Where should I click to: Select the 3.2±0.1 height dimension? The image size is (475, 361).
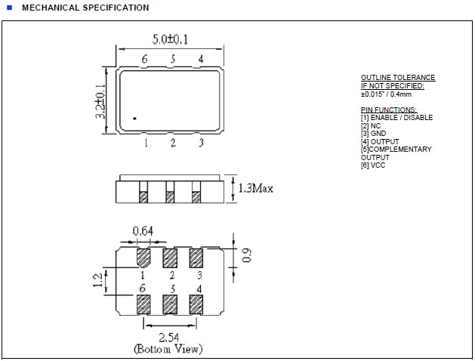tap(100, 102)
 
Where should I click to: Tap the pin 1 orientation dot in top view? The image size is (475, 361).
tap(134, 118)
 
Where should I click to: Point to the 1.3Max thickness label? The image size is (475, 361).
tap(254, 188)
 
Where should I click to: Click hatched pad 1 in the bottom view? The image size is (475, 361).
tap(143, 258)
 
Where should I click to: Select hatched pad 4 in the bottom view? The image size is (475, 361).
tap(196, 304)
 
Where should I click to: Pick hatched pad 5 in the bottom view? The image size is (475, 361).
tap(170, 304)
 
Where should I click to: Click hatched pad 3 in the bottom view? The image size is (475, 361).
tap(196, 258)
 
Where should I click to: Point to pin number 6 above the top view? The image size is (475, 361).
tap(144, 60)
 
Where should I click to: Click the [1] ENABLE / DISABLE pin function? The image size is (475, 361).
tap(396, 117)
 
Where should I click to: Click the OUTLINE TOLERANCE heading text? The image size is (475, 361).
tap(398, 78)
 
